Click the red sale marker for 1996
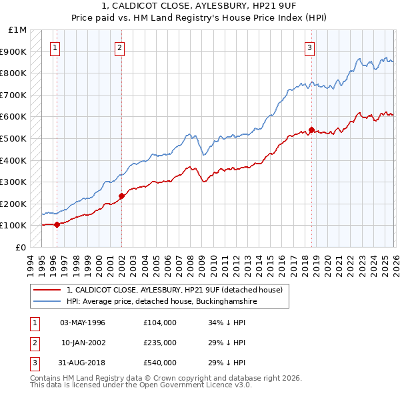[57, 224]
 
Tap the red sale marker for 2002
[121, 196]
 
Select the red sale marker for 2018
[311, 130]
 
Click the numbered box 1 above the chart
[54, 47]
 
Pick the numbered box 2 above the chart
[119, 47]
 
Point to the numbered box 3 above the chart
[310, 47]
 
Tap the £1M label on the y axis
[18, 30]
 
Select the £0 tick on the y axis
[21, 247]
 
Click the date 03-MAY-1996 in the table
[83, 323]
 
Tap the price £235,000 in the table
[159, 343]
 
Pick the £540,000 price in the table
[159, 363]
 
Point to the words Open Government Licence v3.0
[193, 385]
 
